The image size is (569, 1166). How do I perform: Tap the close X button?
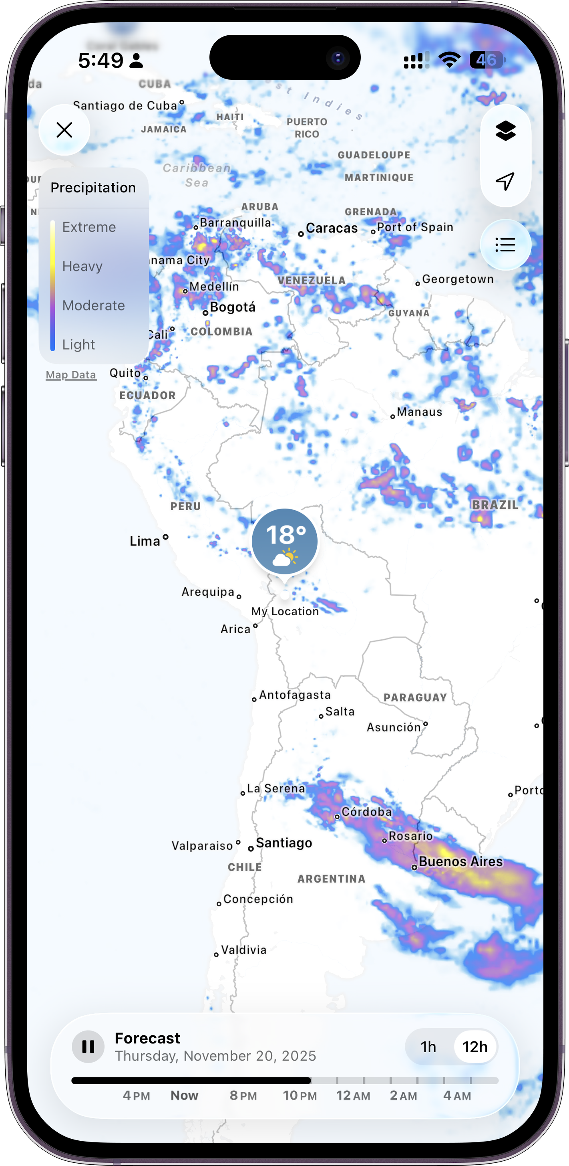click(x=64, y=130)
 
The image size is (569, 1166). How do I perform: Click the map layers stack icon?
click(x=505, y=131)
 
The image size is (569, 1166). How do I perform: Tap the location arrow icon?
click(x=505, y=181)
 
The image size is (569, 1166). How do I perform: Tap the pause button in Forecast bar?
click(x=88, y=1047)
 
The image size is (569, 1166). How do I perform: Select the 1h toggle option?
click(x=428, y=1047)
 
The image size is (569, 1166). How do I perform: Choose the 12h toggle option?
click(x=475, y=1047)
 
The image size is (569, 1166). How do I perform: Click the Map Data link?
click(x=71, y=375)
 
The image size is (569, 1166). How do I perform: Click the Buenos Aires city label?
click(x=460, y=861)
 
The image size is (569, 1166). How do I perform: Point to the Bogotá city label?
click(x=233, y=307)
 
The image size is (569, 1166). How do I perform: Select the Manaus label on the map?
click(x=419, y=412)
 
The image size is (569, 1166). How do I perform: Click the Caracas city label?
click(x=332, y=228)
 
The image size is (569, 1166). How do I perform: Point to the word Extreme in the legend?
click(x=89, y=227)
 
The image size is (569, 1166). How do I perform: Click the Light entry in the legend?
click(x=79, y=345)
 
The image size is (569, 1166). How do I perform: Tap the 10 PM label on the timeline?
click(x=300, y=1095)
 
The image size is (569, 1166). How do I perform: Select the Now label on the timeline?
click(x=185, y=1095)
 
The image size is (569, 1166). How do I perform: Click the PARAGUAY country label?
click(x=415, y=697)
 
